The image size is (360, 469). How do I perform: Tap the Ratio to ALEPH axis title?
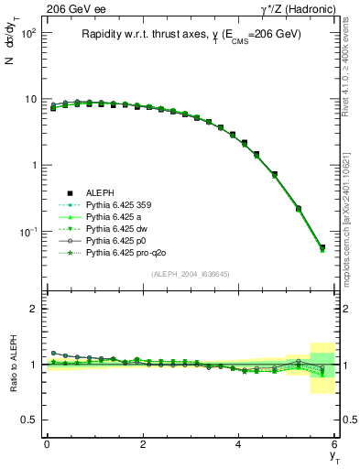click(14, 366)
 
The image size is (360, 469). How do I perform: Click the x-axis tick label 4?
click(239, 443)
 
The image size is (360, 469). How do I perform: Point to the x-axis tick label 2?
click(143, 443)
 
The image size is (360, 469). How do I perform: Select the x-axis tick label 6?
click(335, 443)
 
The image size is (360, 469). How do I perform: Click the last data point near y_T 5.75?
click(322, 247)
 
